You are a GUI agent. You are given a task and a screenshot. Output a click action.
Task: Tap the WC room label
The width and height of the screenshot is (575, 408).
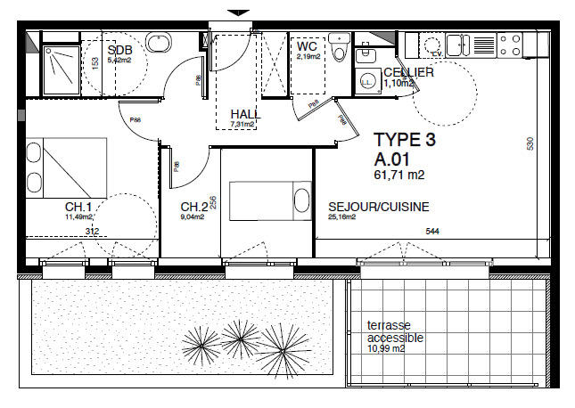pyautogui.click(x=308, y=45)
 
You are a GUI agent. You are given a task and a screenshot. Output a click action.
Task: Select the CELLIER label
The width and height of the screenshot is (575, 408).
pyautogui.click(x=408, y=72)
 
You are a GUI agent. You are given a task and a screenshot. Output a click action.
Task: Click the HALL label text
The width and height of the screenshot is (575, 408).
pyautogui.click(x=244, y=114)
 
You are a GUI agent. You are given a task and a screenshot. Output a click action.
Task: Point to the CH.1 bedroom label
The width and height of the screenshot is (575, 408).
pyautogui.click(x=78, y=206)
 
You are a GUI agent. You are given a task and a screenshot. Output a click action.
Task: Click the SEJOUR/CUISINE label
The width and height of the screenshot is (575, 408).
pyautogui.click(x=378, y=207)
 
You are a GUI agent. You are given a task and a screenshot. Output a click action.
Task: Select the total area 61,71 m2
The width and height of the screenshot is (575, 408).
pyautogui.click(x=398, y=175)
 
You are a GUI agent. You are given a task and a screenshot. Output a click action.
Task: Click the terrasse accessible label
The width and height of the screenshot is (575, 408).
pyautogui.click(x=388, y=331)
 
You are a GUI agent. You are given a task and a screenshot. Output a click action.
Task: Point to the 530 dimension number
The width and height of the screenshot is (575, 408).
pyautogui.click(x=530, y=143)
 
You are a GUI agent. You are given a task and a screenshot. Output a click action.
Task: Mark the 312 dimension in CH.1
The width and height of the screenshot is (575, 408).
pyautogui.click(x=92, y=232)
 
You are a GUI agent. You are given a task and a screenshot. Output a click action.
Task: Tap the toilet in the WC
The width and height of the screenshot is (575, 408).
pyautogui.click(x=338, y=50)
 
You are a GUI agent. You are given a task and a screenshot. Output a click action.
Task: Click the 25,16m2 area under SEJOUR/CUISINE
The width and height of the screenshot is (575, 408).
pyautogui.click(x=341, y=216)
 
